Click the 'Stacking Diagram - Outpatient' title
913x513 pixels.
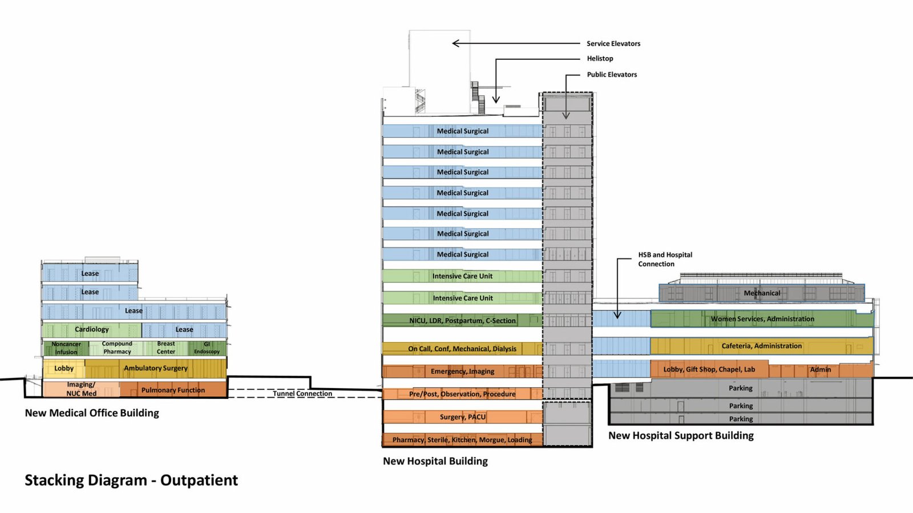(x=131, y=481)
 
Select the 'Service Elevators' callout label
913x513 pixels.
(x=613, y=43)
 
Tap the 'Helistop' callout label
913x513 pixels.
(x=600, y=58)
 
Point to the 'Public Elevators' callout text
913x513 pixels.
(x=612, y=74)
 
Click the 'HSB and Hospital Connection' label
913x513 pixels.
(x=665, y=259)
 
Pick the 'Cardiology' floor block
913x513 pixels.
(x=91, y=329)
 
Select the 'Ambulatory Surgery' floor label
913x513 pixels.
(x=155, y=368)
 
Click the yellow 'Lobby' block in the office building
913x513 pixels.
(x=64, y=368)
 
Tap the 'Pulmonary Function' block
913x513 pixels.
(x=173, y=390)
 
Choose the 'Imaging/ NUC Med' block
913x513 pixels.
(x=81, y=389)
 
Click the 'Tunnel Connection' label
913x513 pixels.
(x=302, y=393)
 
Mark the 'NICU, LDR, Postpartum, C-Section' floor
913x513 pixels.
(x=462, y=320)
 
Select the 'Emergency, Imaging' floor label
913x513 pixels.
(x=462, y=371)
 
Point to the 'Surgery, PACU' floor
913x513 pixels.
(x=462, y=417)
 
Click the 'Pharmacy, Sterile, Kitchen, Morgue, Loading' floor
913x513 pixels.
(x=462, y=439)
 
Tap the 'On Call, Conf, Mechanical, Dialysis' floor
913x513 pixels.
(x=462, y=348)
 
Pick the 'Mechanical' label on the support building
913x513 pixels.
(x=762, y=293)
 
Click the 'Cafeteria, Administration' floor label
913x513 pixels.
(x=762, y=345)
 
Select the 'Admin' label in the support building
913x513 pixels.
(x=821, y=369)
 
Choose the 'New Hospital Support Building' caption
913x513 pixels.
(x=681, y=435)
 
